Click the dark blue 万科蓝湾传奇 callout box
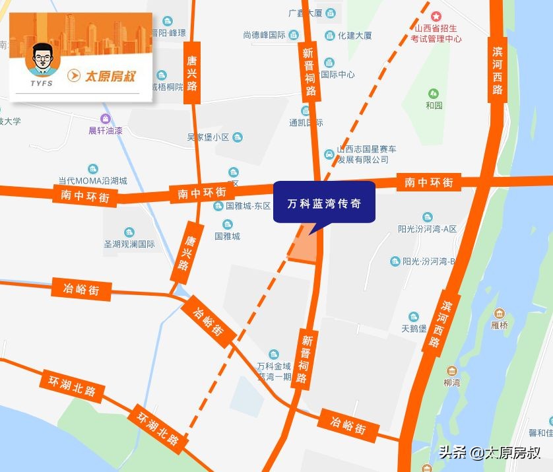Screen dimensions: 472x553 (x=324, y=203)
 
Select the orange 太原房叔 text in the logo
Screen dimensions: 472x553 (x=110, y=76)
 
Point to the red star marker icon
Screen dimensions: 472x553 (x=436, y=16)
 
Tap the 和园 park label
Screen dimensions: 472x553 (x=434, y=105)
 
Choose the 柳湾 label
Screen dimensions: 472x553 (x=452, y=382)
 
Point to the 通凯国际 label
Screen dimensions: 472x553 (x=306, y=122)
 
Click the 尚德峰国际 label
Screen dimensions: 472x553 (x=264, y=35)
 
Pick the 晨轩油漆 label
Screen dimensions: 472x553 (x=106, y=130)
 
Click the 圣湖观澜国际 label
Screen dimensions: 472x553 (x=129, y=244)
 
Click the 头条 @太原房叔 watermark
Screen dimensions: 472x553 (x=489, y=453)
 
